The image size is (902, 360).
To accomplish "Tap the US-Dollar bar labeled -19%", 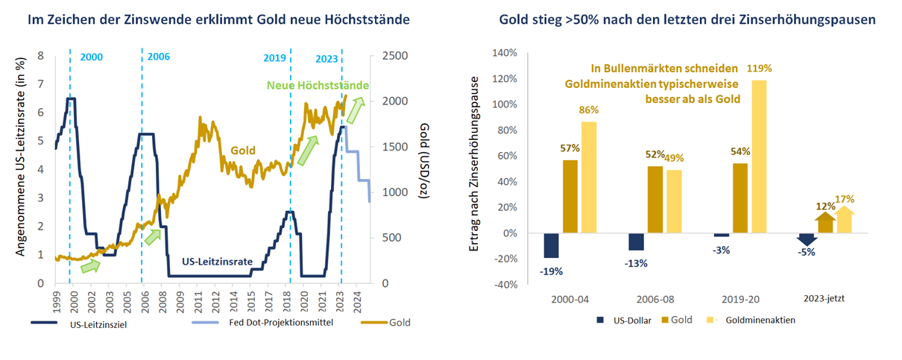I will coord(551,245).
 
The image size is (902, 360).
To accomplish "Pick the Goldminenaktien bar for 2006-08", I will coord(675,201).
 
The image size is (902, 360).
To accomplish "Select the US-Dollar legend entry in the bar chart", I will coord(623,320).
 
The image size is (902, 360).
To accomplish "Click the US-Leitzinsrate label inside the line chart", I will coord(215,262).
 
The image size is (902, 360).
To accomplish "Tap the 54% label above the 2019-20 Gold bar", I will coord(741,151).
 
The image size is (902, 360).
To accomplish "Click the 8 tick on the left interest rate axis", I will coord(41,56).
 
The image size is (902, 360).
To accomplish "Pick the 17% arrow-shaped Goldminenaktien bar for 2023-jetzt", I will coord(845,220).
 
